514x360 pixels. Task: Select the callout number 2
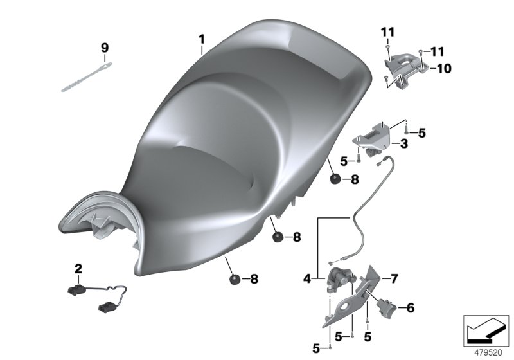78,267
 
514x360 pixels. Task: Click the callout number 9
105,48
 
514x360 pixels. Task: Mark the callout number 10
445,67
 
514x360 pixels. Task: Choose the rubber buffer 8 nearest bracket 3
335,180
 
